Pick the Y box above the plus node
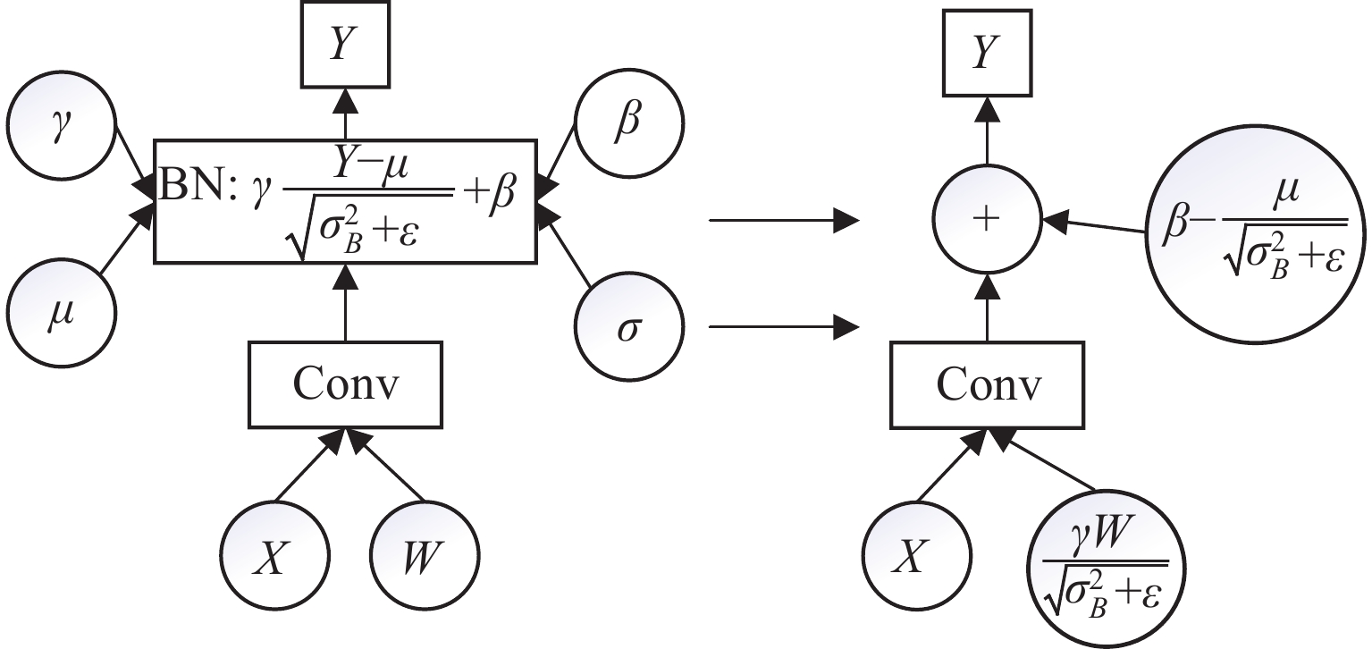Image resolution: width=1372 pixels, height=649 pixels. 987,48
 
